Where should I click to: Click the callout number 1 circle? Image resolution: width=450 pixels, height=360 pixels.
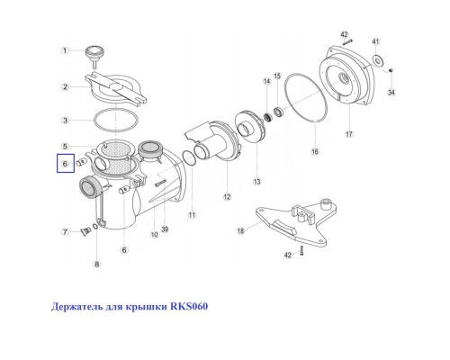65,50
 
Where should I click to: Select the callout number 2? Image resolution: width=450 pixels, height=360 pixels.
65,87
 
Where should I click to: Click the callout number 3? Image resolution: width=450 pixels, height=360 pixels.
65,120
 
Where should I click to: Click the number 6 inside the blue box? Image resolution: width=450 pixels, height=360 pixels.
64,164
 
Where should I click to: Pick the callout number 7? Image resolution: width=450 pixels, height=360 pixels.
65,233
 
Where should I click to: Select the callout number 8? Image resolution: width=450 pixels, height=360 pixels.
97,264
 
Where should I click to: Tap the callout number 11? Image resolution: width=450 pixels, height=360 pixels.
192,217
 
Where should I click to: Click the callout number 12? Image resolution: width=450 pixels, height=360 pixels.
227,196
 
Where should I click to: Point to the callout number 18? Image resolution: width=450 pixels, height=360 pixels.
240,231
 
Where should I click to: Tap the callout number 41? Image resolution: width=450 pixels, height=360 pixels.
376,42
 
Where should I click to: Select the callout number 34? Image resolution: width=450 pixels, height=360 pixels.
391,92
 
